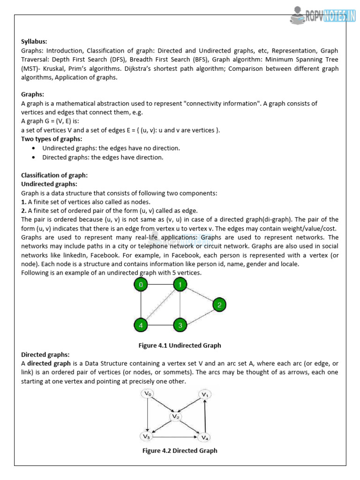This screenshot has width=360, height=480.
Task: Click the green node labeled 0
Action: (x=141, y=285)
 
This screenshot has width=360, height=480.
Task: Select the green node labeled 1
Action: (x=180, y=285)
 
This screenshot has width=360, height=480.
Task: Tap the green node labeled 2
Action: (x=219, y=305)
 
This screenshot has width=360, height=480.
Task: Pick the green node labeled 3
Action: (x=180, y=325)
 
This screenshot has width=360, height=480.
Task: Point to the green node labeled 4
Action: (x=141, y=325)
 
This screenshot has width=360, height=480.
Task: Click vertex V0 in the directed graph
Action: (x=147, y=394)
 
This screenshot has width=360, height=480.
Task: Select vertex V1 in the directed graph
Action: (x=205, y=394)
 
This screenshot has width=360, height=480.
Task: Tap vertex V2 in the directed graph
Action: (x=176, y=416)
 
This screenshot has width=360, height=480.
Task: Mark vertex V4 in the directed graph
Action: (x=204, y=437)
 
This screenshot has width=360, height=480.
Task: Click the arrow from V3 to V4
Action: (x=176, y=437)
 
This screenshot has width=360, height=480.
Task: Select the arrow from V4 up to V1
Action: (x=205, y=416)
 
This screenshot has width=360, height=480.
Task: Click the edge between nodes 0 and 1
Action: (x=160, y=285)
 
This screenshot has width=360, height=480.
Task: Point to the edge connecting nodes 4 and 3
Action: (x=160, y=325)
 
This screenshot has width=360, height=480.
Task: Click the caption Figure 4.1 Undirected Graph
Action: (x=180, y=345)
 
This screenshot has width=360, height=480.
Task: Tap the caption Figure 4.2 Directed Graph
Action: (x=180, y=451)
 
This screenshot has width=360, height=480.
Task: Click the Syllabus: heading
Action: (x=34, y=41)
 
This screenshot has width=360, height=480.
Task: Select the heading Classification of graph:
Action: (x=54, y=175)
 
